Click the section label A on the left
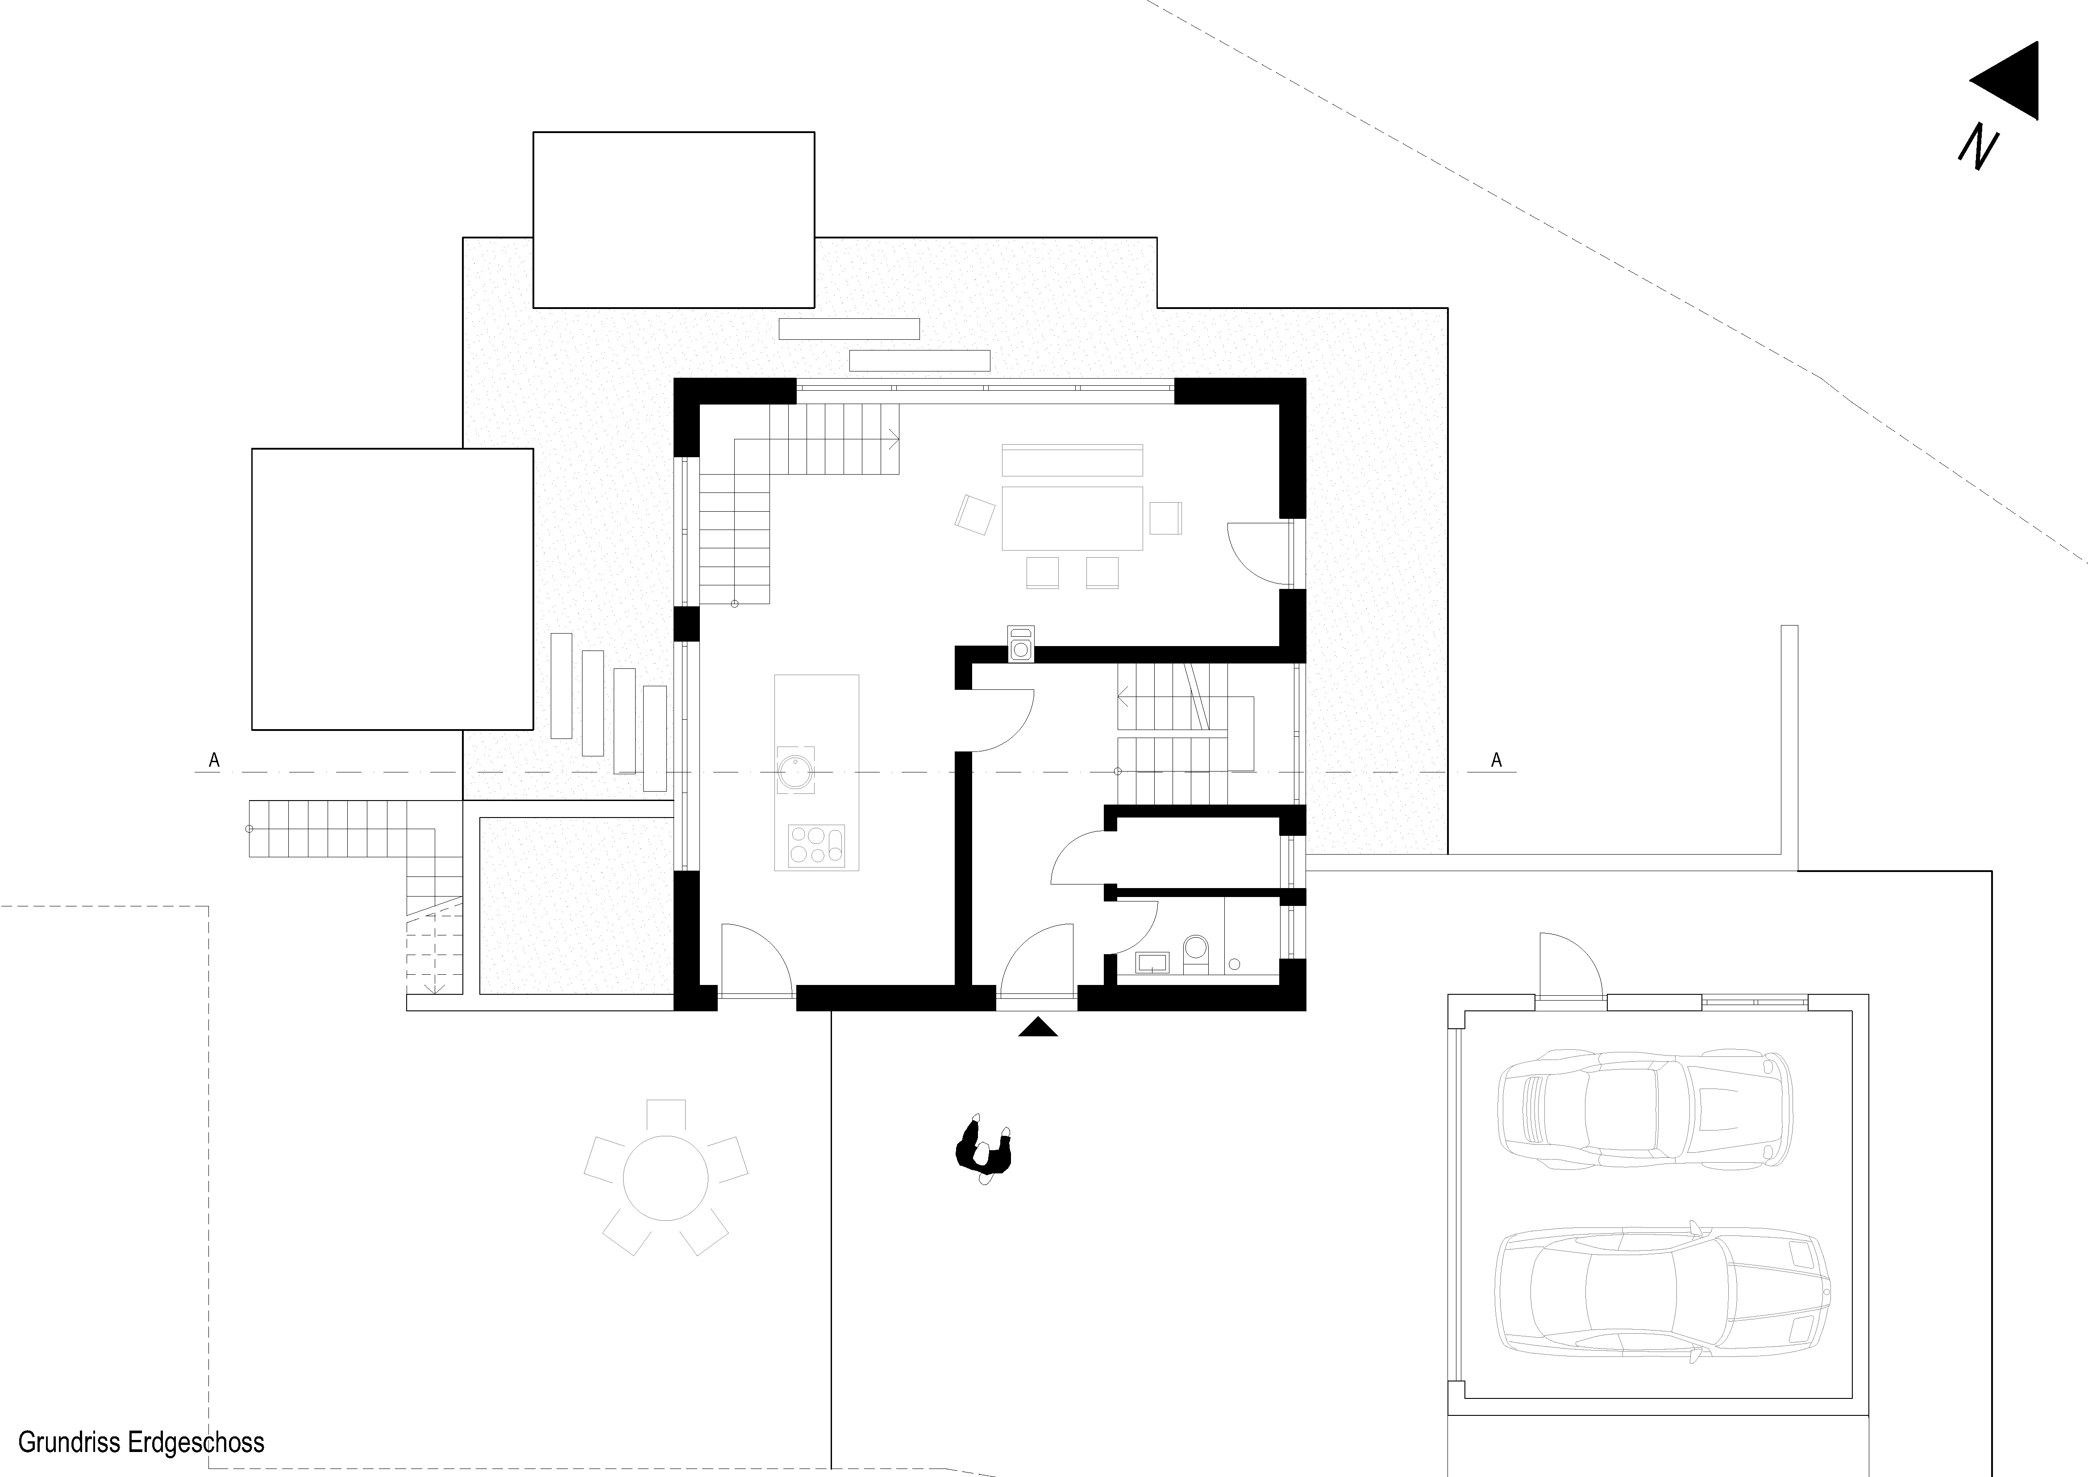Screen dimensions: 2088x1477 point(215,760)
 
